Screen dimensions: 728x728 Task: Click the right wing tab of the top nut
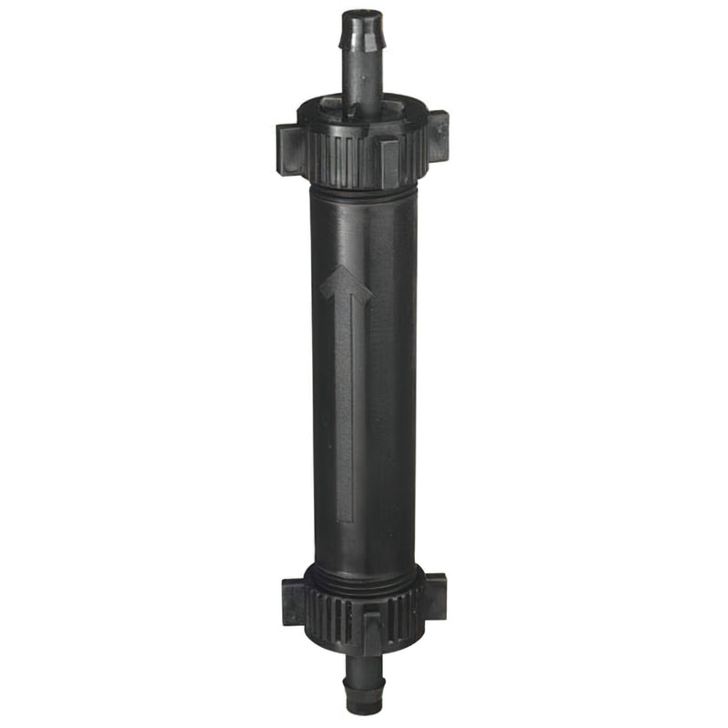pyautogui.click(x=437, y=134)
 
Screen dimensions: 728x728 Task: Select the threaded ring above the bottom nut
pyautogui.click(x=364, y=573)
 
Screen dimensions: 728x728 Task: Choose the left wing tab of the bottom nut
pyautogui.click(x=294, y=601)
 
